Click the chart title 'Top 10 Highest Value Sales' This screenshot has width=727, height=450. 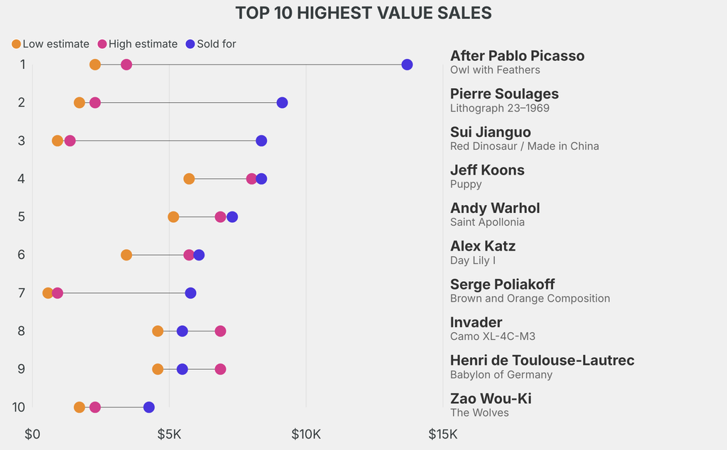pyautogui.click(x=363, y=13)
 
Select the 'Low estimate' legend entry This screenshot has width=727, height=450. pyautogui.click(x=50, y=44)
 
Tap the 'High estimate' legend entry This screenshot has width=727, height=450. pyautogui.click(x=137, y=44)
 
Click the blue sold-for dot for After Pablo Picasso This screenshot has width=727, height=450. pyautogui.click(x=407, y=65)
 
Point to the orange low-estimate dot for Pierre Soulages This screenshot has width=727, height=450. pyautogui.click(x=80, y=103)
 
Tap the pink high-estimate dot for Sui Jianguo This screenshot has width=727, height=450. pyautogui.click(x=70, y=141)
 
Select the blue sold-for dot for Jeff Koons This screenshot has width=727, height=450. pyautogui.click(x=261, y=179)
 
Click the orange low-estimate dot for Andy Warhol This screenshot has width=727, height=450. pyautogui.click(x=173, y=216)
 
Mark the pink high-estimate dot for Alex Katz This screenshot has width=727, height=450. pyautogui.click(x=189, y=255)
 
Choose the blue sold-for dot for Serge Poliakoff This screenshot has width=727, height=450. pyautogui.click(x=190, y=293)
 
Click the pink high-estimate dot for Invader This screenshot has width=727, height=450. pyautogui.click(x=220, y=331)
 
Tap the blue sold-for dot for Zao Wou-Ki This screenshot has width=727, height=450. pyautogui.click(x=148, y=407)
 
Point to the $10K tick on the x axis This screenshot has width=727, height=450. pyautogui.click(x=306, y=434)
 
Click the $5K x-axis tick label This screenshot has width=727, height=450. pyautogui.click(x=169, y=434)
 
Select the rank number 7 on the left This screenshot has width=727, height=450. pyautogui.click(x=21, y=293)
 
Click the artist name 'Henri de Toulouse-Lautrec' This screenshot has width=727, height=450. pyautogui.click(x=542, y=361)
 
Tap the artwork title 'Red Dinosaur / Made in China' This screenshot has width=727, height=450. pyautogui.click(x=524, y=146)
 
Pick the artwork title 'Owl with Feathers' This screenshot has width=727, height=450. pyautogui.click(x=495, y=70)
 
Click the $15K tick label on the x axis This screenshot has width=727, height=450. pyautogui.click(x=443, y=434)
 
